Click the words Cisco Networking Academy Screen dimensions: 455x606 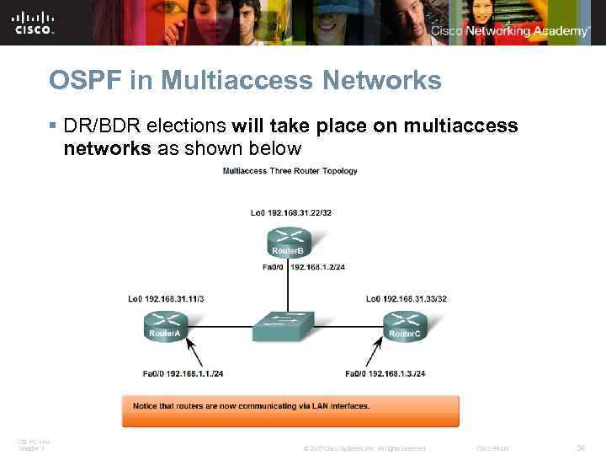510,31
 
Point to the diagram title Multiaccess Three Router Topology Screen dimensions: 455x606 290,171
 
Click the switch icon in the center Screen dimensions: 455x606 284,324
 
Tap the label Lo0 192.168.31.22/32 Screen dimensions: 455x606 291,212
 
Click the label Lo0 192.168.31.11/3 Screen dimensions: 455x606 166,299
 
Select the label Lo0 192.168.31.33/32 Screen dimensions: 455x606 407,299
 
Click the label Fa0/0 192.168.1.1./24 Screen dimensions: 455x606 182,373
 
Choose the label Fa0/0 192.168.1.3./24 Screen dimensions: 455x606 385,373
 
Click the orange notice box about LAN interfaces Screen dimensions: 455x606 290,409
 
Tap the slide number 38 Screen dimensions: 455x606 578,447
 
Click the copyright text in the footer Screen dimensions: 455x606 364,448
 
